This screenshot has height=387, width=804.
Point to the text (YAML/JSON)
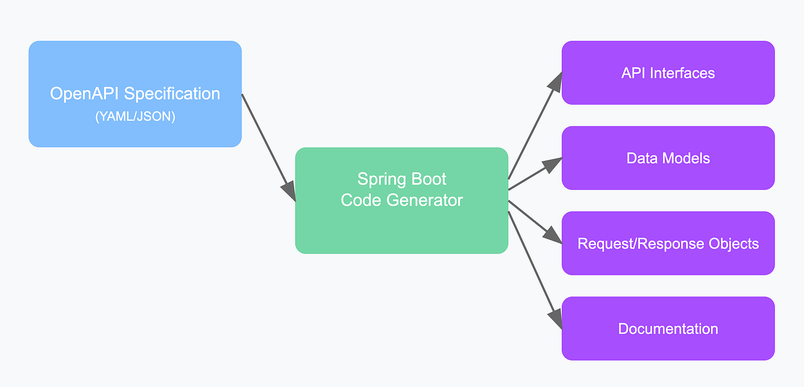tap(135, 117)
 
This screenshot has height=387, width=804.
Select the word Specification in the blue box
tap(172, 94)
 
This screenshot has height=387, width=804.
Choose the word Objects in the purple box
tap(734, 244)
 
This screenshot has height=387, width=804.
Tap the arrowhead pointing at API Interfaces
tap(555, 81)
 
